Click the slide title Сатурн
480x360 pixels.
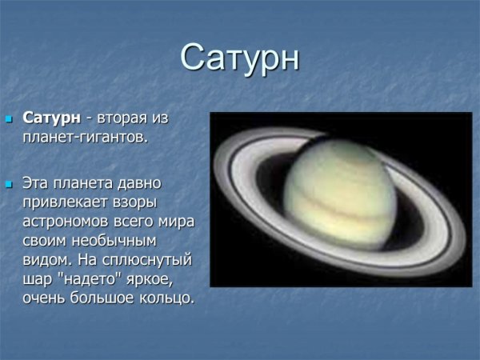point(240,58)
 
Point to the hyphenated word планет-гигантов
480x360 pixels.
point(85,138)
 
